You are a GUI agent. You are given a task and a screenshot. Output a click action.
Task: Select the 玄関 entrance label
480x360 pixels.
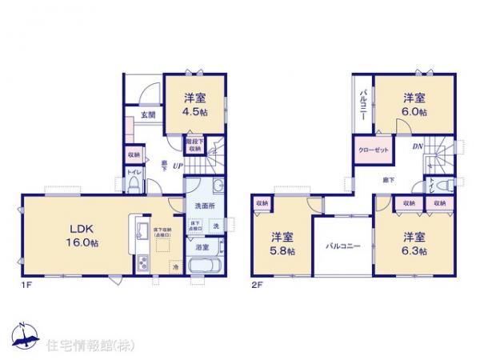(x=149, y=114)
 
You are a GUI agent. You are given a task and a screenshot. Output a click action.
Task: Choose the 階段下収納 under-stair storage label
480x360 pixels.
(x=194, y=145)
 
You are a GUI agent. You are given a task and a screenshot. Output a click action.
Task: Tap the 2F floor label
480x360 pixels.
(x=258, y=283)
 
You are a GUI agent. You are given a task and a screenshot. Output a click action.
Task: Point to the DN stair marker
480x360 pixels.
(x=417, y=146)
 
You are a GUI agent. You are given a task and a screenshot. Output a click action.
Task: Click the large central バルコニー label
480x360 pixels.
(x=343, y=246)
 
